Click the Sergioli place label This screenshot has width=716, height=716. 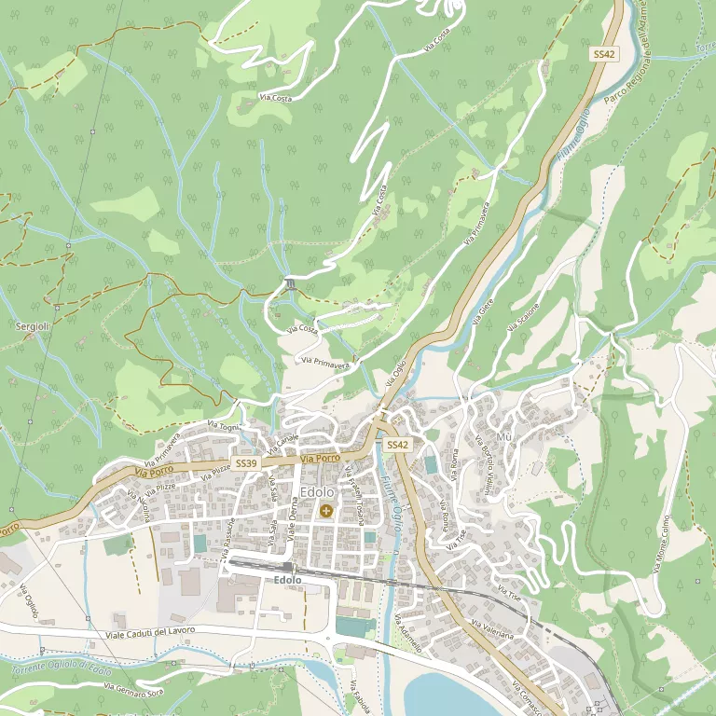pos(33,325)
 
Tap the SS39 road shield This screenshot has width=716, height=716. pos(246,463)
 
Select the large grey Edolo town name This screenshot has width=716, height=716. pos(318,492)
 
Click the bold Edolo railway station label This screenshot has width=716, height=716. pos(288,580)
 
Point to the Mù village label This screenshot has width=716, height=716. pos(504,437)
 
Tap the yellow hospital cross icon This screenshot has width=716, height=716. pos(325,510)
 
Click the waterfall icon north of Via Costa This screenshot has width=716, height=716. pos(291,283)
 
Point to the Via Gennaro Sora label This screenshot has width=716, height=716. pos(135,689)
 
